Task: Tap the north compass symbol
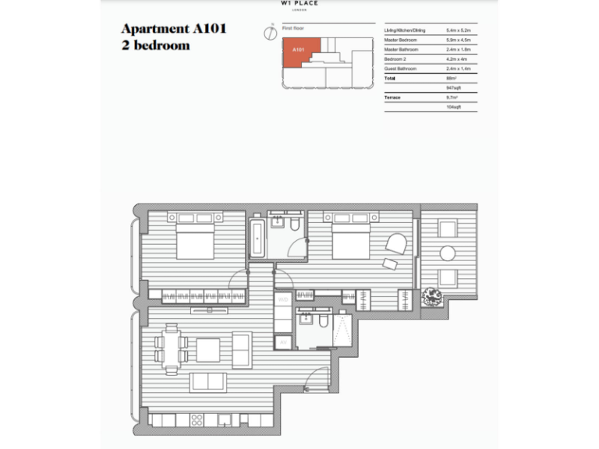pyautogui.click(x=268, y=32)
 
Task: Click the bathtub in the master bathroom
pyautogui.click(x=259, y=238)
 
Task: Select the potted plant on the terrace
pyautogui.click(x=431, y=297)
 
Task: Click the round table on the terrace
pyautogui.click(x=448, y=253)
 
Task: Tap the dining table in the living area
pyautogui.click(x=171, y=348)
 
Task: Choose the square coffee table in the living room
pyautogui.click(x=207, y=350)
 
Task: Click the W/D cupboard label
pyautogui.click(x=284, y=299)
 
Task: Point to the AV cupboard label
pyautogui.click(x=284, y=341)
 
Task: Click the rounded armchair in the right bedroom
pyautogui.click(x=396, y=244)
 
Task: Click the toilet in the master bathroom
pyautogui.click(x=294, y=224)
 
